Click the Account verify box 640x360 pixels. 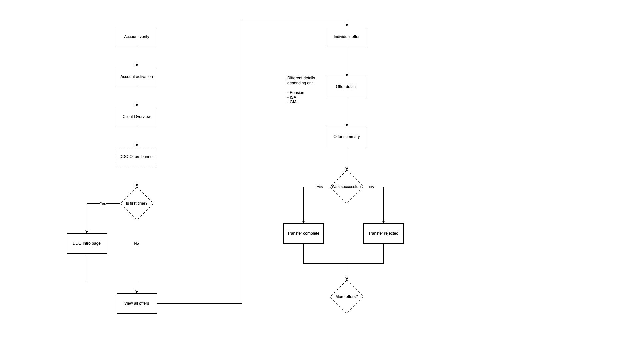(x=137, y=37)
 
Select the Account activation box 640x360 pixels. (x=137, y=77)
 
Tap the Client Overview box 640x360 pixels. (x=137, y=117)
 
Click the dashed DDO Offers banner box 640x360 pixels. (x=137, y=157)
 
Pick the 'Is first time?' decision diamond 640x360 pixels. (x=137, y=203)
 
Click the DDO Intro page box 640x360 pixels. (x=87, y=243)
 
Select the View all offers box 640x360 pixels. (x=137, y=303)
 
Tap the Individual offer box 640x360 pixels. (x=347, y=37)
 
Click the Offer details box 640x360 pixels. (x=347, y=87)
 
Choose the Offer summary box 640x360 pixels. (x=347, y=137)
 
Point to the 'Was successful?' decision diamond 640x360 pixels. (x=347, y=187)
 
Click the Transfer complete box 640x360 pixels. (x=303, y=233)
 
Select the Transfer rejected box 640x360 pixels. (x=383, y=233)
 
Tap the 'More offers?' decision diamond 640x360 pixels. (x=347, y=297)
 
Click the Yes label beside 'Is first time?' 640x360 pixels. (x=103, y=203)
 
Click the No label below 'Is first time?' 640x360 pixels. (x=136, y=243)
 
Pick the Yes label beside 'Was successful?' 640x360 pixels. (x=320, y=187)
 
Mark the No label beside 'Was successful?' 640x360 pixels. (x=371, y=187)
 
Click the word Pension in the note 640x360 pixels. (x=297, y=93)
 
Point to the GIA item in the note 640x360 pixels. (x=293, y=102)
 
